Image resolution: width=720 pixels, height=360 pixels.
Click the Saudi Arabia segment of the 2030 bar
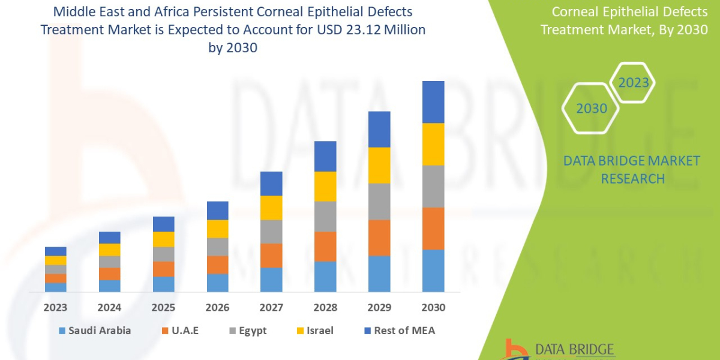coord(433,271)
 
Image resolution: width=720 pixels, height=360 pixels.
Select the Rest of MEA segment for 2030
coord(433,102)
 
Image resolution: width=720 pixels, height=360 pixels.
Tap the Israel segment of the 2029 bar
coord(379,165)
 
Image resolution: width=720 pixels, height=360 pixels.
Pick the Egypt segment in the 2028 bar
coord(325,216)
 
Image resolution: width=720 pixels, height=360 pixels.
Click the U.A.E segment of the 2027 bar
coord(271,255)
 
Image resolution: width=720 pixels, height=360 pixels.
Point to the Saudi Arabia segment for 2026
coord(217,283)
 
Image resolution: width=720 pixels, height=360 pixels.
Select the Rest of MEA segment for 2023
coord(55,251)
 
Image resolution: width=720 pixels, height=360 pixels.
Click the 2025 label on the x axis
coord(163,308)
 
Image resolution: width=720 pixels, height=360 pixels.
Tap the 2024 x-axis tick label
coord(109,308)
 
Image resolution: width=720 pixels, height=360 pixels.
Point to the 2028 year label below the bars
coord(325,308)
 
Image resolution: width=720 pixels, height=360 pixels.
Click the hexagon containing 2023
coord(634,83)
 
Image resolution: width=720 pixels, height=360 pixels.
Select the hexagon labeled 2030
coord(592,109)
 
